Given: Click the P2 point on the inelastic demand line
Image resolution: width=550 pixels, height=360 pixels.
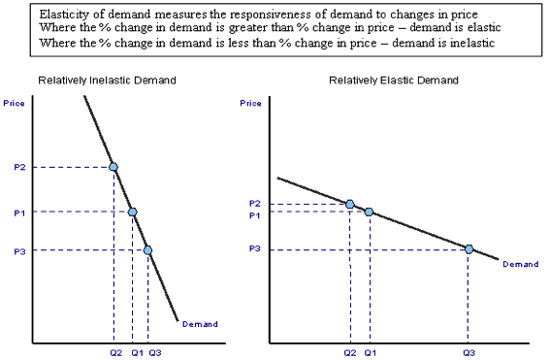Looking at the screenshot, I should (x=113, y=167).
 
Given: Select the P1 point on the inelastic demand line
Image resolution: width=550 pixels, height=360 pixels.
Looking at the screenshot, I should (x=133, y=212).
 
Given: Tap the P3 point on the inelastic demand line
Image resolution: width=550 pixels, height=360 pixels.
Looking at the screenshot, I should (x=147, y=249).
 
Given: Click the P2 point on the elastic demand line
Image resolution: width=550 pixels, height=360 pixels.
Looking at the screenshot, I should (x=350, y=204).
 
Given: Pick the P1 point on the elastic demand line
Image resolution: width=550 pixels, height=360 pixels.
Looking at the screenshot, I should (x=369, y=212).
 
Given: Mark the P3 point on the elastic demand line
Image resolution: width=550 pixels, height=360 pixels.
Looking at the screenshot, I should (x=469, y=249).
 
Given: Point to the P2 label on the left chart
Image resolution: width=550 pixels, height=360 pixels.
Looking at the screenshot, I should (x=20, y=167).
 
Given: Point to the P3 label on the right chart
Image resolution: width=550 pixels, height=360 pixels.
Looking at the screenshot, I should (x=254, y=249).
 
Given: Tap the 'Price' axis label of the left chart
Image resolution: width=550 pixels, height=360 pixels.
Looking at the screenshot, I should (x=15, y=102).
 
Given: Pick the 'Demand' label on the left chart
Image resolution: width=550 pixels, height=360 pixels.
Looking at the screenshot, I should (x=200, y=324).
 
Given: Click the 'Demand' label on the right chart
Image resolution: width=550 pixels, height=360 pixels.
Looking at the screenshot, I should (x=520, y=264).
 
